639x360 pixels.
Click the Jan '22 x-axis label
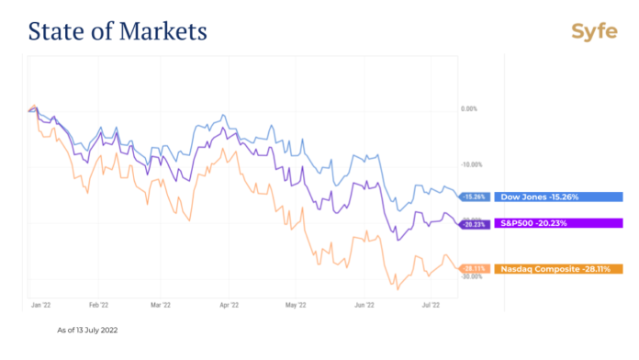40,302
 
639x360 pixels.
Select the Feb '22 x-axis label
98,302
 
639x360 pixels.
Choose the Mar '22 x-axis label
162,302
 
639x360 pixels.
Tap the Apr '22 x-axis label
229,302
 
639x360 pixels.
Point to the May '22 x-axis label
295,302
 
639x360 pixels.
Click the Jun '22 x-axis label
364,302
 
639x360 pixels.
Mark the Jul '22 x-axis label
431,302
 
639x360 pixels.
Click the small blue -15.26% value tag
475,197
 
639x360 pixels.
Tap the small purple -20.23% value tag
475,222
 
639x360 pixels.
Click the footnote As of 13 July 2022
87,329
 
